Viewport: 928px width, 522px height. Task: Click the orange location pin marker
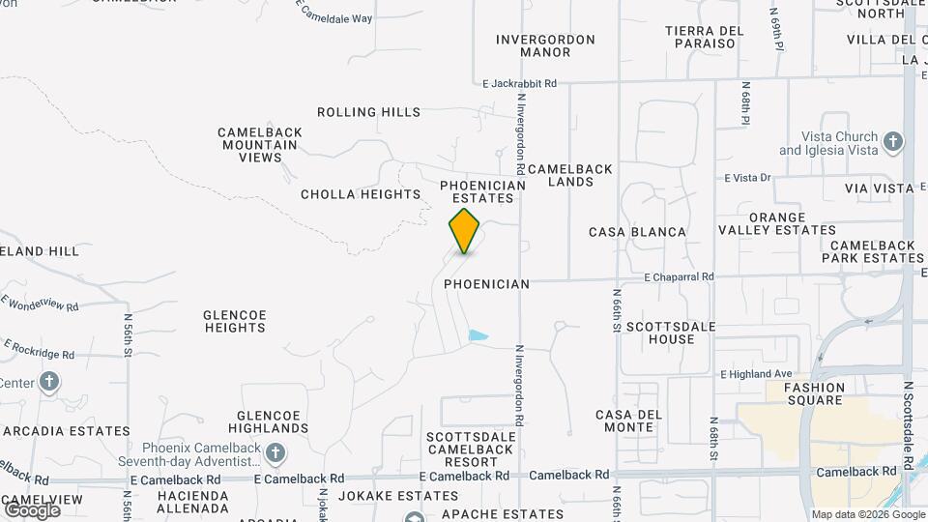[464, 230]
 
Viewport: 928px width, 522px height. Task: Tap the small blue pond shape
[478, 336]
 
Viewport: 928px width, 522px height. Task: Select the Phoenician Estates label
[482, 191]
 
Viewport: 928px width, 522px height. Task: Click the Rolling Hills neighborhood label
[368, 112]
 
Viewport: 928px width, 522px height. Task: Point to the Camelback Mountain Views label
[260, 145]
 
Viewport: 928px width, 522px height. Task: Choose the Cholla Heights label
[361, 194]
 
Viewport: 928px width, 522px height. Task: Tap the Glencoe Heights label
[235, 321]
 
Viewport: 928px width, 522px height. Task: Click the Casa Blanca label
[637, 232]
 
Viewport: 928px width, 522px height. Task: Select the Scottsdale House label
[672, 333]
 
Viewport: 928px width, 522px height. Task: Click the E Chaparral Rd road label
[679, 276]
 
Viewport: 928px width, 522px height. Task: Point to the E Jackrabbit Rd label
[520, 84]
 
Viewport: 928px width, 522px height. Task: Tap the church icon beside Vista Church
[893, 142]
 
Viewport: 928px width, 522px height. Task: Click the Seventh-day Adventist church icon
[275, 452]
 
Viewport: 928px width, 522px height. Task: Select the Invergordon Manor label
[545, 45]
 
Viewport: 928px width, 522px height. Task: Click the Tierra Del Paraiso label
[705, 38]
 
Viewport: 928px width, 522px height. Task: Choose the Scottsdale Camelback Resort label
[471, 449]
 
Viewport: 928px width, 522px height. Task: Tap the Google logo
[32, 509]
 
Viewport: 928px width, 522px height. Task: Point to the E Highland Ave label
[756, 374]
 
